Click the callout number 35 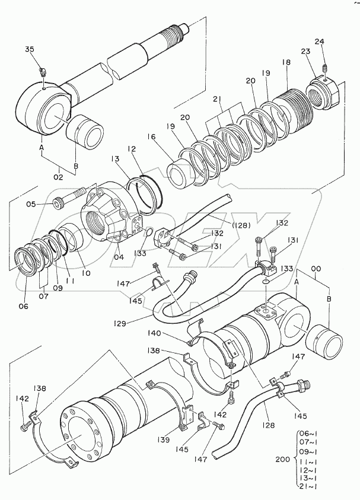[30, 49]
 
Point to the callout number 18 [286, 62]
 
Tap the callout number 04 [119, 256]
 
